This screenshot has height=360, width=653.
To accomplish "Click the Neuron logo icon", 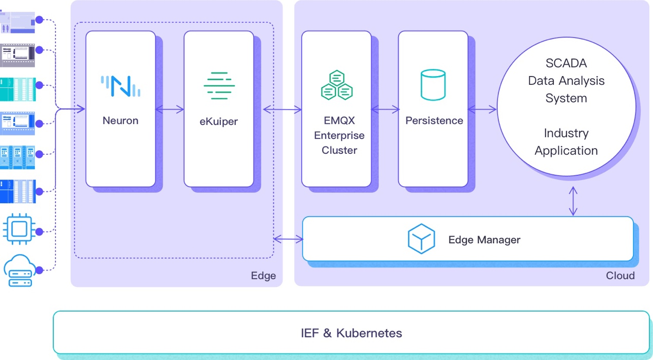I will click(x=120, y=86).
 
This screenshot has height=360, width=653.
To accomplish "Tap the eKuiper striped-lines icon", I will click(x=219, y=86).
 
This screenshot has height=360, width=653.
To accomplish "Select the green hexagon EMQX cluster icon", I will click(x=336, y=85).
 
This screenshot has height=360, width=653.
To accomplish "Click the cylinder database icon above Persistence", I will click(x=433, y=85).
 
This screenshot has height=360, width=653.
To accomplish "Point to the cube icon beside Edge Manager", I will click(x=421, y=239).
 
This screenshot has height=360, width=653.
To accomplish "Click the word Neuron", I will click(x=120, y=121).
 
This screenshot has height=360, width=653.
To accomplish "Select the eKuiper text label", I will click(x=219, y=122).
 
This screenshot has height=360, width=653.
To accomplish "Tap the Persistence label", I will click(x=434, y=121).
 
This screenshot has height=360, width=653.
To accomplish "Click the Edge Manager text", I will click(x=484, y=240).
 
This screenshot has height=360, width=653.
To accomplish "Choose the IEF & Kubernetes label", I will click(x=351, y=333).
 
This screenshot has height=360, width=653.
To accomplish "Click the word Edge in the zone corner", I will click(x=263, y=276).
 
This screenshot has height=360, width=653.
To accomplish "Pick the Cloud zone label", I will click(x=620, y=276).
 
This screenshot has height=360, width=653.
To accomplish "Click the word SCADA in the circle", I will click(x=566, y=64).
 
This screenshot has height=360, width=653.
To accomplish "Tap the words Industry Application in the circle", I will click(x=566, y=142).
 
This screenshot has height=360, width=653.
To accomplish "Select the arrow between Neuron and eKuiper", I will click(x=170, y=109).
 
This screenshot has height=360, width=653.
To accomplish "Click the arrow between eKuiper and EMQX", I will click(x=282, y=109).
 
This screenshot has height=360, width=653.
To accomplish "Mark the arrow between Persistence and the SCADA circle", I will click(x=482, y=109).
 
